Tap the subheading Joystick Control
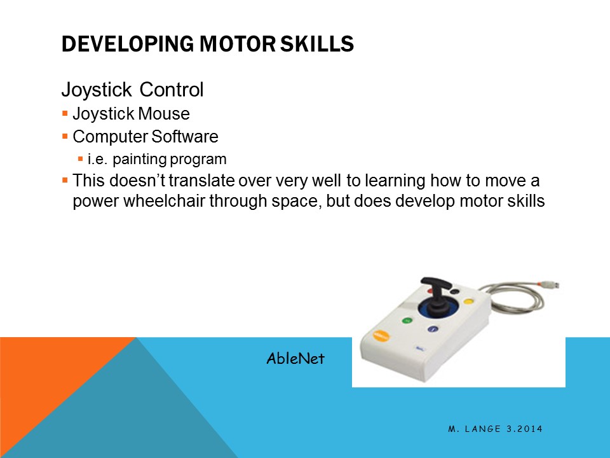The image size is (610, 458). pos(132,90)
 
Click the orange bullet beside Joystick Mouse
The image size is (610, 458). pos(65,114)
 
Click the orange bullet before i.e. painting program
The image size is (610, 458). pos(80,158)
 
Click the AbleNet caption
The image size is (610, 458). pos(295,359)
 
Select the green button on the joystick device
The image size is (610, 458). pos(405,321)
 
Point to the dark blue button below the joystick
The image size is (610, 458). pos(433,329)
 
